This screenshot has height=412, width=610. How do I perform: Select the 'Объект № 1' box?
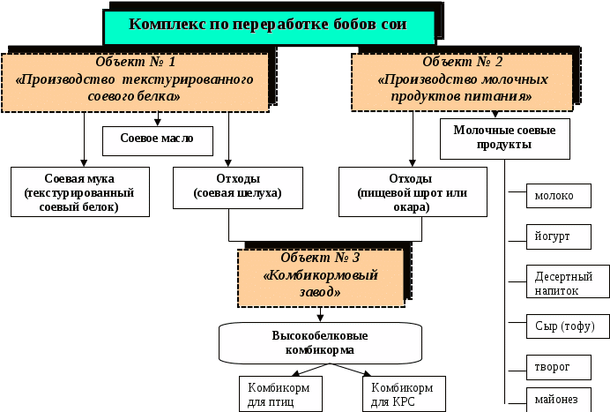(135, 80)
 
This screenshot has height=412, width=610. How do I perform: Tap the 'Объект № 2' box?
(462, 80)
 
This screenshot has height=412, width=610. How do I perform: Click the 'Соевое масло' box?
(159, 139)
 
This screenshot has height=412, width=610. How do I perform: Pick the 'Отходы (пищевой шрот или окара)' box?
(413, 192)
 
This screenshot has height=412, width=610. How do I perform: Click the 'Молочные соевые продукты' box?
(504, 139)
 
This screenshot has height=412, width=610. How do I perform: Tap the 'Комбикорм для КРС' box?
(401, 394)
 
